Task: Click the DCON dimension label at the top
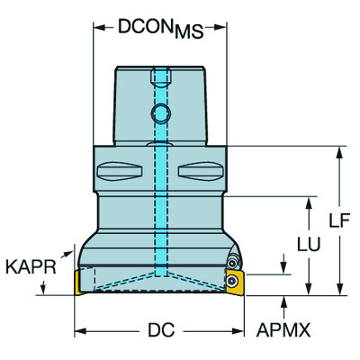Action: coord(144,26)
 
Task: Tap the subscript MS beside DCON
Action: coord(187,33)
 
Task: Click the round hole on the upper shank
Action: coord(160,113)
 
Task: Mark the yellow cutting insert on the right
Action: coord(237,279)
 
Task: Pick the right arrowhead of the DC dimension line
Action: coord(242,330)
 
